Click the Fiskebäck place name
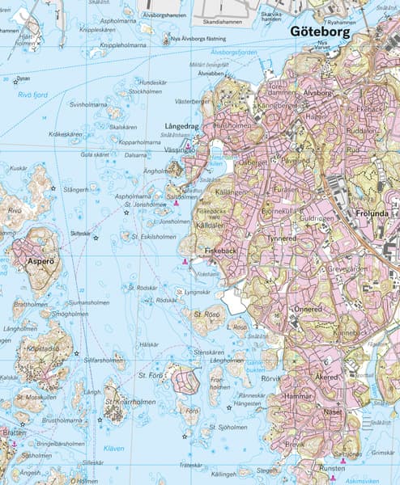pos(219,252)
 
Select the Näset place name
pos(332,411)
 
